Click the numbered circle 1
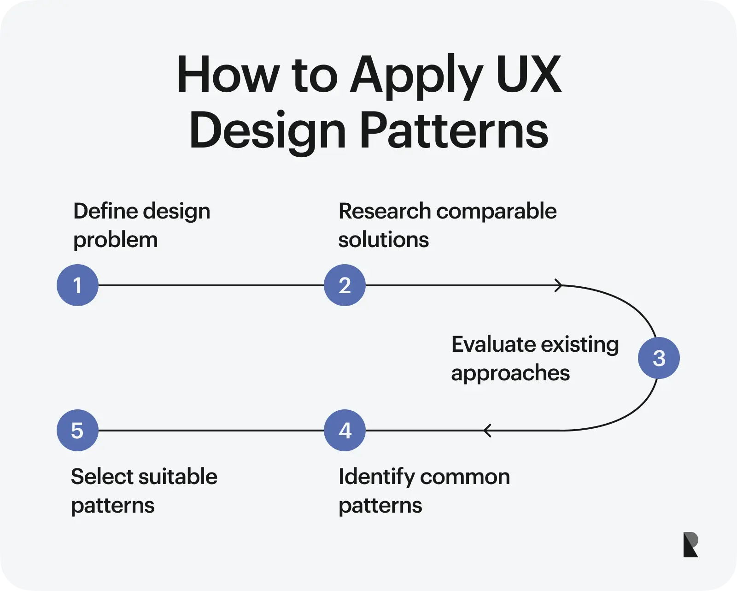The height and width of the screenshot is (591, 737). tap(77, 285)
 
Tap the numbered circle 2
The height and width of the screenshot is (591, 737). tap(345, 285)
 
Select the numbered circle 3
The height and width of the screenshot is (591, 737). tap(659, 358)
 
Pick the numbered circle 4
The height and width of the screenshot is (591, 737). tap(345, 430)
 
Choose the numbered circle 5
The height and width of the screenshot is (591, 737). tap(77, 430)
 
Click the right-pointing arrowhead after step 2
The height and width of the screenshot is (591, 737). tap(558, 285)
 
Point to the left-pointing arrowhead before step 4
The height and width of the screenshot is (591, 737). tap(488, 430)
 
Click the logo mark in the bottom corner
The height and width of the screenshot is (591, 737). tap(690, 544)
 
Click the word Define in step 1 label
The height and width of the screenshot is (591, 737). tap(105, 211)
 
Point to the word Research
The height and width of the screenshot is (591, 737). tap(385, 211)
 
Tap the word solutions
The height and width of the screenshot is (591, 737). tap(383, 240)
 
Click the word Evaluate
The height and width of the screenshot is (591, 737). tap(493, 344)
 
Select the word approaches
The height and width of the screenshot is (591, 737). tap(510, 373)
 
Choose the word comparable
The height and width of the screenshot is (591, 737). tap(496, 211)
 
